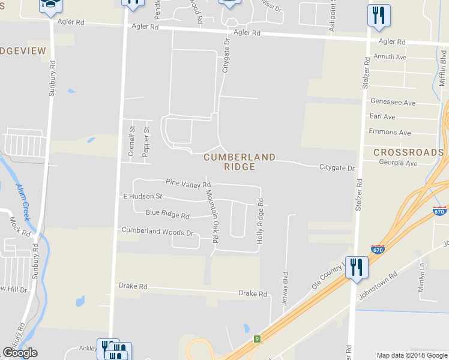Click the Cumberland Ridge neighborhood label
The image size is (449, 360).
point(240,162)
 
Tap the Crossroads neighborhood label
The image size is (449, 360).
point(408,152)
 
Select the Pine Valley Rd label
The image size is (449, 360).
point(188,182)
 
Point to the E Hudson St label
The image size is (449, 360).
point(143,196)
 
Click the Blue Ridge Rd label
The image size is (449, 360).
point(167,214)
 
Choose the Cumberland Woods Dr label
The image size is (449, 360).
point(157,231)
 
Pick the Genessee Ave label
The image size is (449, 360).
point(393,103)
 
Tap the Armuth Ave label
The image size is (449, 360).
point(390,57)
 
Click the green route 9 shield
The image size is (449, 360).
point(257,339)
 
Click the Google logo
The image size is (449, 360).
point(20,353)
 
